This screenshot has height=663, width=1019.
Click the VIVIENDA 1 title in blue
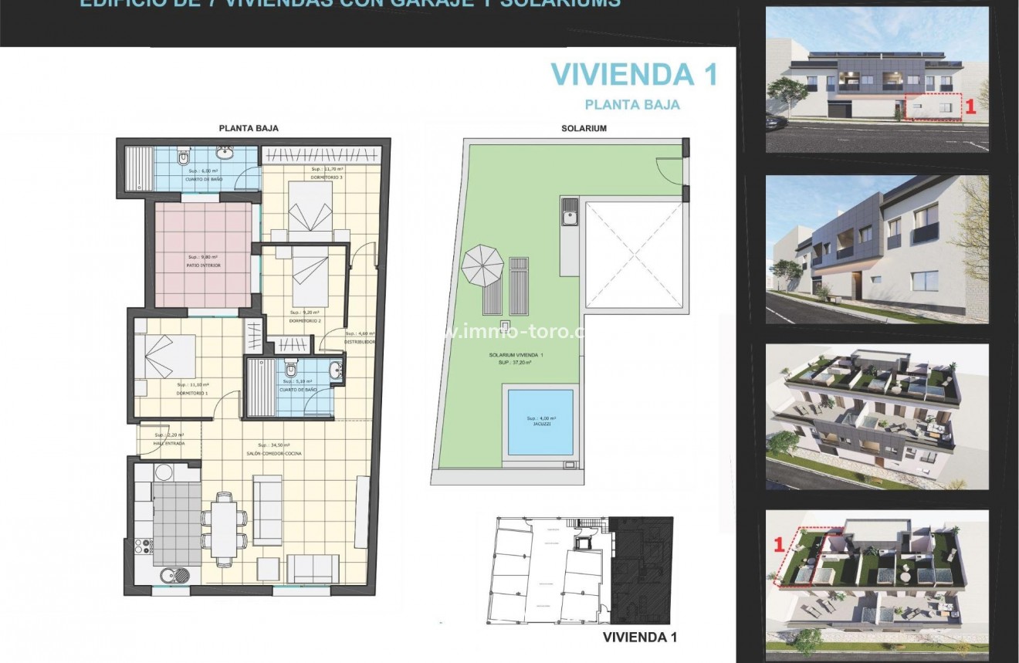point(634,74)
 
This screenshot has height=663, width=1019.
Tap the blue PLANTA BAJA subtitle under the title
point(632,104)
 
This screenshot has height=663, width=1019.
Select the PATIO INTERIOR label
point(203,265)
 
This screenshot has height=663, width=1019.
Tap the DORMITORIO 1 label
point(192,393)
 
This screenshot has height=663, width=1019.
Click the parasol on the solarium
point(482,266)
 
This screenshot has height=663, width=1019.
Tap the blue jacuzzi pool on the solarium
point(540,422)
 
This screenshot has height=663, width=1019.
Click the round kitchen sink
point(171,573)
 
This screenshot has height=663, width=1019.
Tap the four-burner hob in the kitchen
point(143,546)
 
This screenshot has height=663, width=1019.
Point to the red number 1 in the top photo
point(971,109)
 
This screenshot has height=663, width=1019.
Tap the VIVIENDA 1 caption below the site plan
point(639,637)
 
